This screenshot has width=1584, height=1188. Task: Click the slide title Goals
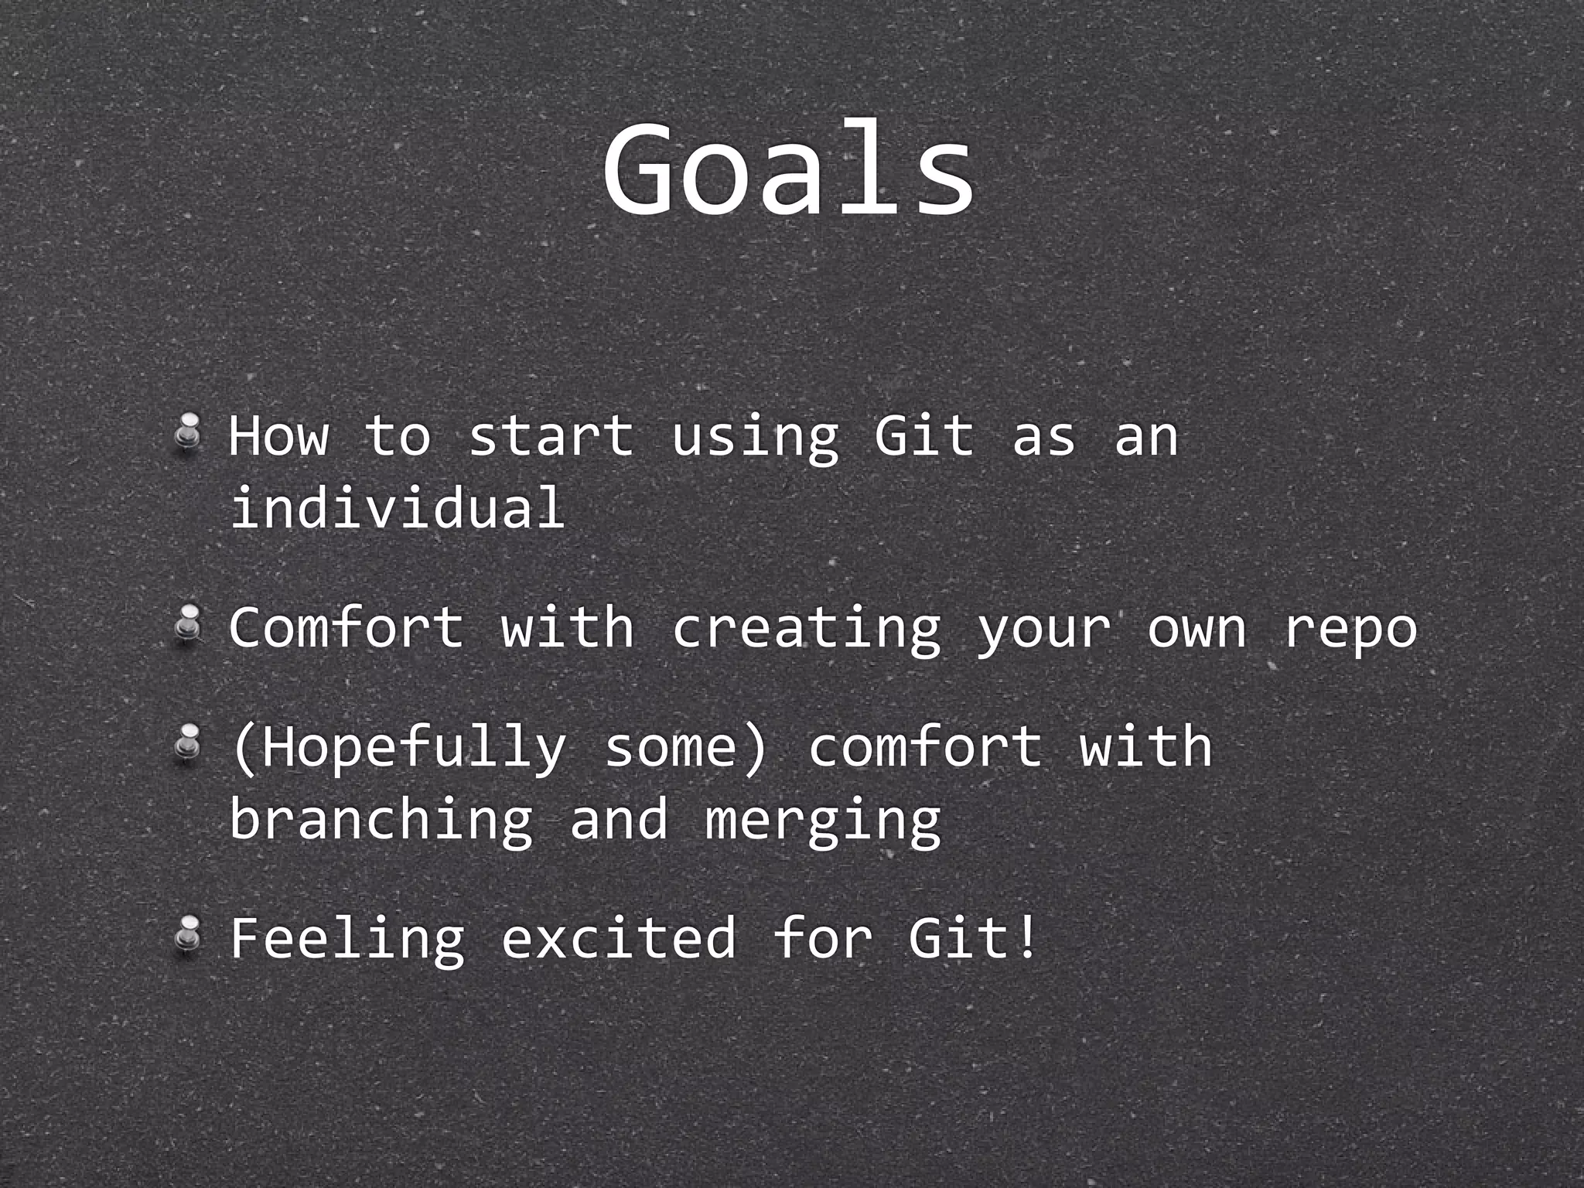point(788,169)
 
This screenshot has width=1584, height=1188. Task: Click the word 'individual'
point(398,507)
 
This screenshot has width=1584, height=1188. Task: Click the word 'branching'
point(381,821)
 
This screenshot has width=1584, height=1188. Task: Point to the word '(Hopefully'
point(399,749)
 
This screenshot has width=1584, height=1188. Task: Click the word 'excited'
point(619,937)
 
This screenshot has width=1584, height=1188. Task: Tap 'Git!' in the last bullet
point(971,937)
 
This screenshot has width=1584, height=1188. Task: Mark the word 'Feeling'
point(348,939)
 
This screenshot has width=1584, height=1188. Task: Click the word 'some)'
point(686,749)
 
